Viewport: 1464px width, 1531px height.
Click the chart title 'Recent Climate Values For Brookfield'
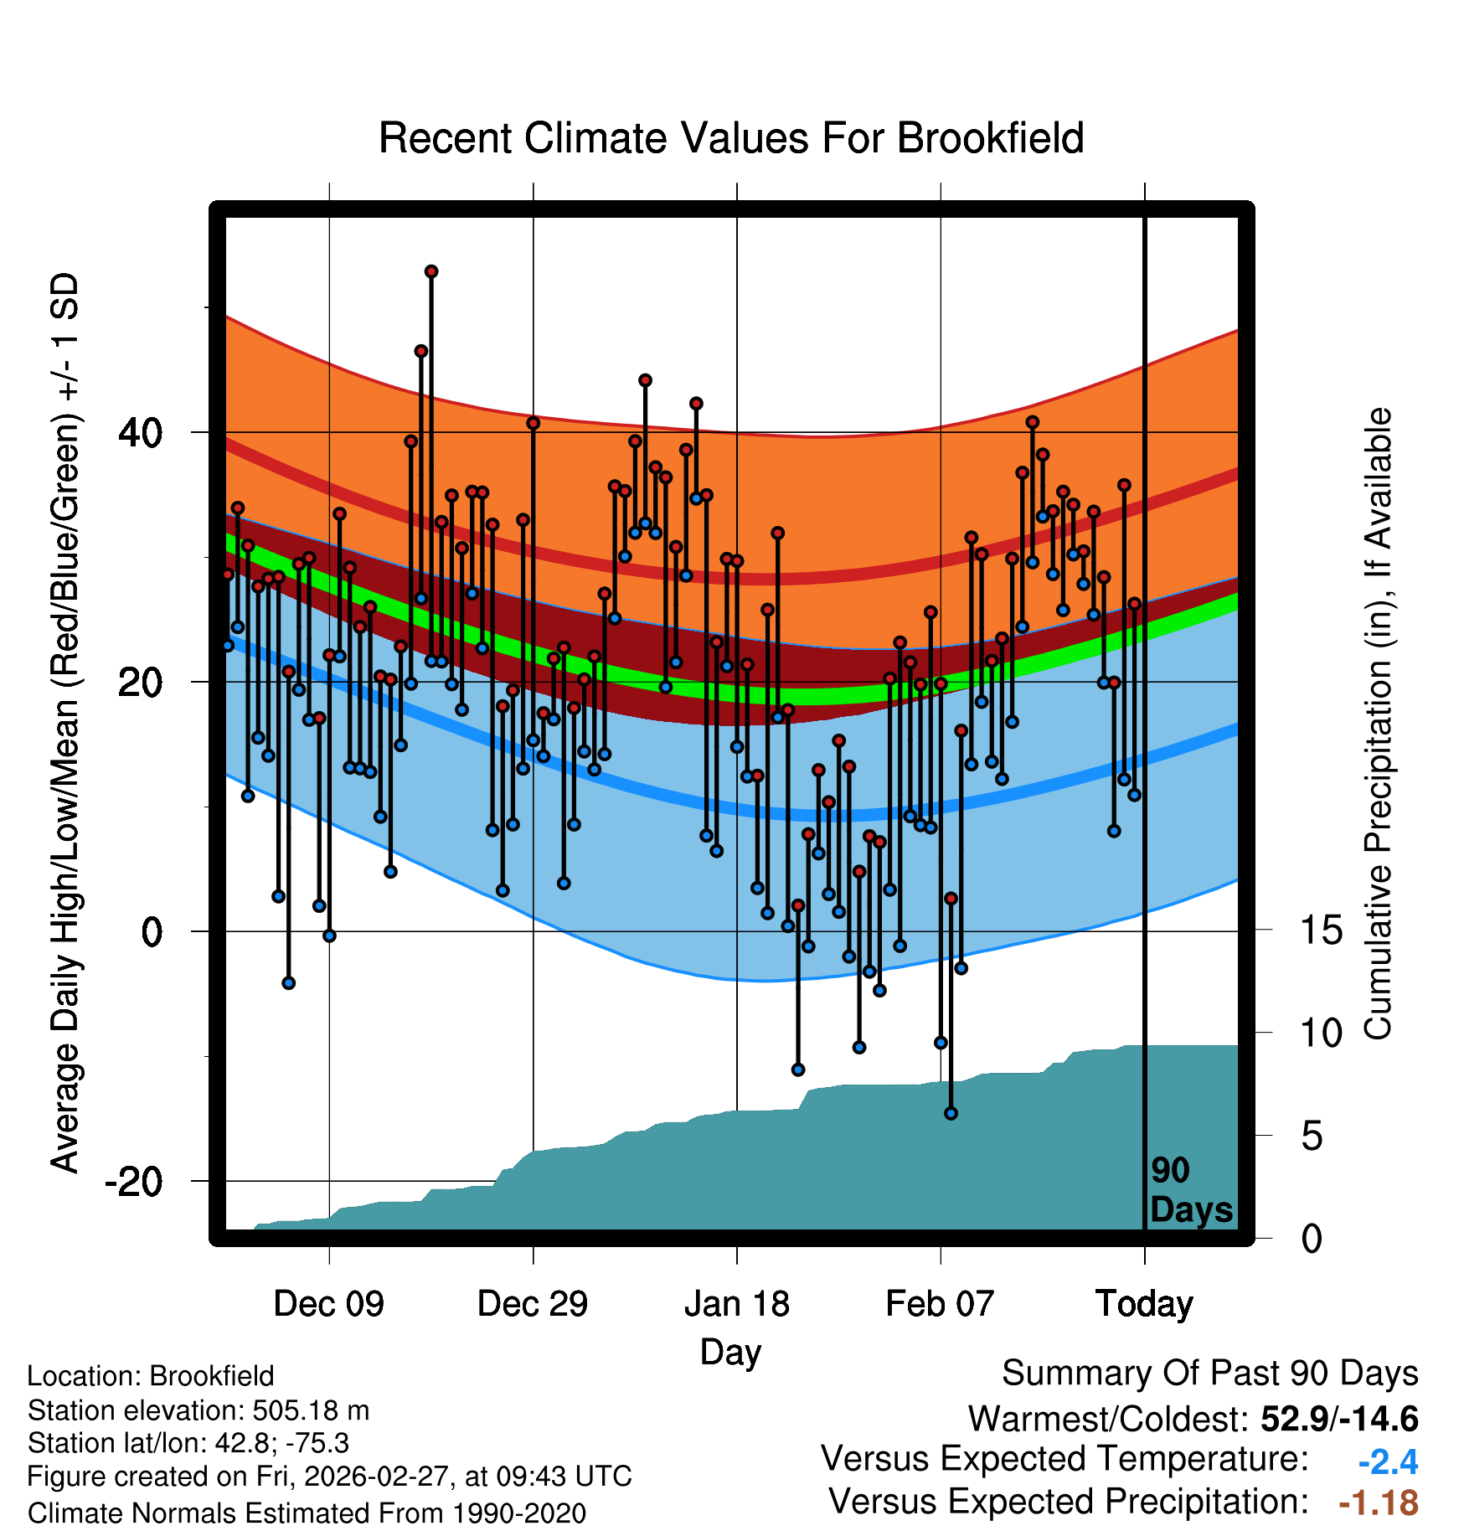pyautogui.click(x=731, y=138)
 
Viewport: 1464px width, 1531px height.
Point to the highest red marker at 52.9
pyautogui.click(x=431, y=271)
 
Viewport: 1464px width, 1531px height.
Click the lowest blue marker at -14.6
pyautogui.click(x=951, y=1113)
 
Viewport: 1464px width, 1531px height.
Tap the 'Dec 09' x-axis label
pyautogui.click(x=328, y=1304)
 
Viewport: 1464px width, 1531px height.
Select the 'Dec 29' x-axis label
pyautogui.click(x=533, y=1304)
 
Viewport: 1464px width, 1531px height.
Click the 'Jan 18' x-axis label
pyautogui.click(x=736, y=1304)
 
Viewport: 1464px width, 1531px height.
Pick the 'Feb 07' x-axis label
pyautogui.click(x=940, y=1304)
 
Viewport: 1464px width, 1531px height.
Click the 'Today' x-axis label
pyautogui.click(x=1144, y=1304)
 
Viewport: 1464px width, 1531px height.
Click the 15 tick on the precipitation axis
pyautogui.click(x=1322, y=930)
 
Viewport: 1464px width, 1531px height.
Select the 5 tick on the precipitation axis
pyautogui.click(x=1312, y=1137)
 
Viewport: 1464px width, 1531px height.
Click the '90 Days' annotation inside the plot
pyautogui.click(x=1190, y=1190)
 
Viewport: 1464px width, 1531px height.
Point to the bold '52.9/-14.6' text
pyautogui.click(x=1339, y=1419)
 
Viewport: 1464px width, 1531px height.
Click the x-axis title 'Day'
pyautogui.click(x=730, y=1352)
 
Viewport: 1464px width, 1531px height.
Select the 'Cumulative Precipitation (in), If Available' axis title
pyautogui.click(x=1378, y=724)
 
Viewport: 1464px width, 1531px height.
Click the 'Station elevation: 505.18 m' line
pyautogui.click(x=198, y=1410)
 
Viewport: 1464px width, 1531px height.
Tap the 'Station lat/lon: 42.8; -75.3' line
pyautogui.click(x=188, y=1443)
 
